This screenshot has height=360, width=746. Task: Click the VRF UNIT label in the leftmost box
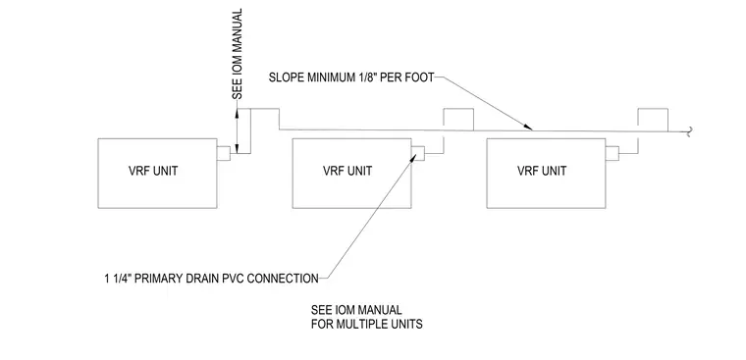click(x=153, y=171)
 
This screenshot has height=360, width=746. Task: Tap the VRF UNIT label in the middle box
click(x=347, y=171)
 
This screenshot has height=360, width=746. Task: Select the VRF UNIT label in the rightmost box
click(x=542, y=171)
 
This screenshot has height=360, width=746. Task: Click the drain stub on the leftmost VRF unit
click(x=224, y=153)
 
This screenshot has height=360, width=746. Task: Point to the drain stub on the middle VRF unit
click(x=418, y=153)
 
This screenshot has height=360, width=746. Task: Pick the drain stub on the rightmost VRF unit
click(x=612, y=153)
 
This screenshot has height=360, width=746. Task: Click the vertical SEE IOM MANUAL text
click(x=237, y=54)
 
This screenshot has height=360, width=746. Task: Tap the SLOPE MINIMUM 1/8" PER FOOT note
click(x=351, y=77)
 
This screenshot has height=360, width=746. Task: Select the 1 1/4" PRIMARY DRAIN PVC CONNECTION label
click(x=212, y=279)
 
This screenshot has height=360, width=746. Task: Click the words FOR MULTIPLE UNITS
click(x=367, y=325)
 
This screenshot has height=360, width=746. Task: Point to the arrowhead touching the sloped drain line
click(x=528, y=127)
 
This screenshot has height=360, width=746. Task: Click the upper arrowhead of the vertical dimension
click(x=237, y=113)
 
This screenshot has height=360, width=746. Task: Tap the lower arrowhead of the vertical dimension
click(x=237, y=149)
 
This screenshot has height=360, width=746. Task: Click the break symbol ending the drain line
click(x=688, y=131)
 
